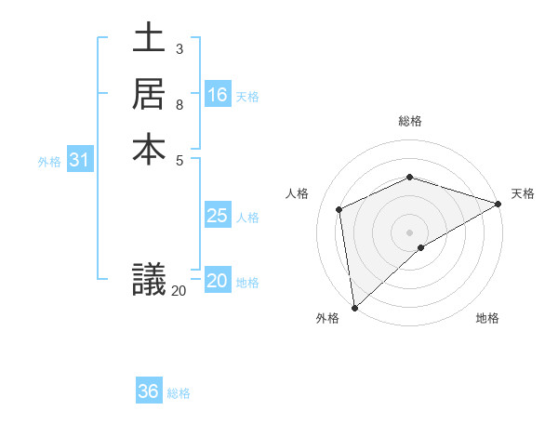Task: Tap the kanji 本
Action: [149, 149]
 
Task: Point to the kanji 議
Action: [149, 279]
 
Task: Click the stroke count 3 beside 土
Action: [179, 48]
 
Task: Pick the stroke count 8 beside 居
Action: [179, 103]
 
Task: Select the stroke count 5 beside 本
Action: [179, 159]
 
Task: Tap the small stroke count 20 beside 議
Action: [179, 291]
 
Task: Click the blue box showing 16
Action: [218, 95]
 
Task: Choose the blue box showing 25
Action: [218, 216]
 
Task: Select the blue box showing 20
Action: [218, 281]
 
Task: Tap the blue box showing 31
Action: [80, 160]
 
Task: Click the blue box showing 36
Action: [149, 391]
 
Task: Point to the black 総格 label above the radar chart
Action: [410, 121]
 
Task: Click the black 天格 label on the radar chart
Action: [523, 193]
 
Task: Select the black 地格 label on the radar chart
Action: [487, 319]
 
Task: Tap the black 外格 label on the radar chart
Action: [327, 319]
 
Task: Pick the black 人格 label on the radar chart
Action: [297, 193]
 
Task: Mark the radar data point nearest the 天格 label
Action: [498, 205]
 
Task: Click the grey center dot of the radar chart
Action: [409, 232]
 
